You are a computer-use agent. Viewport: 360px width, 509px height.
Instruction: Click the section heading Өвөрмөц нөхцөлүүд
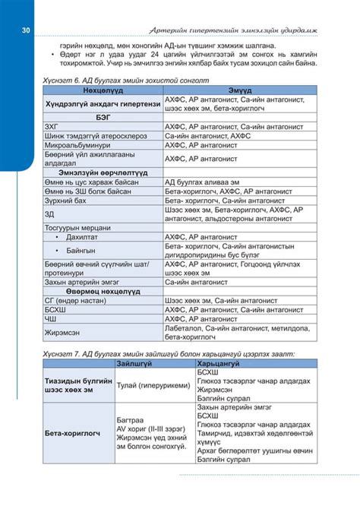pyautogui.click(x=102, y=291)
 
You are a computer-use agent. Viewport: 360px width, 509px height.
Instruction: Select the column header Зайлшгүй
pyautogui.click(x=133, y=364)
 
